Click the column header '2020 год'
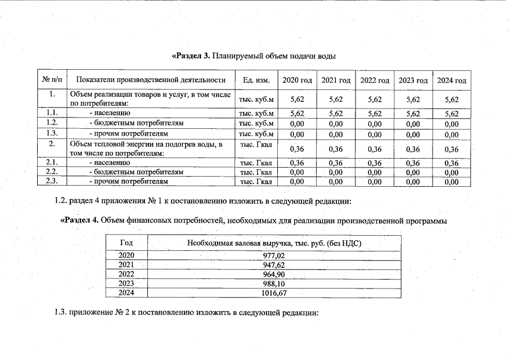click(297, 80)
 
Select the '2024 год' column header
click(452, 80)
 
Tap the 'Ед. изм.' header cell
click(255, 80)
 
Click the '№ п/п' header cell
click(52, 80)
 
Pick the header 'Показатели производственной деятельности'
click(150, 80)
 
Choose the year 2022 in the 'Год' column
click(127, 274)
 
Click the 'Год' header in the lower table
click(127, 243)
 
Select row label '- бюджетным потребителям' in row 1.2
click(137, 123)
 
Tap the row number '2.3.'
click(52, 182)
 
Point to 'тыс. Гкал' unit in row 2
click(256, 145)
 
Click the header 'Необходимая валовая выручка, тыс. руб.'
click(256, 243)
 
